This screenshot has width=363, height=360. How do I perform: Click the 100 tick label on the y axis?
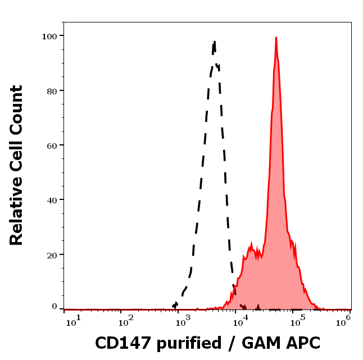point(51,36)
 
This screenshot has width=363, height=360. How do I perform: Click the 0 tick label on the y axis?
point(55,307)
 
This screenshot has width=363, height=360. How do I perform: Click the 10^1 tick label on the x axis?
point(74,320)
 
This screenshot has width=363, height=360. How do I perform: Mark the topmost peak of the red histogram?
point(276,38)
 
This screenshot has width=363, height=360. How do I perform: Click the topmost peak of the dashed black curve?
point(214,41)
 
